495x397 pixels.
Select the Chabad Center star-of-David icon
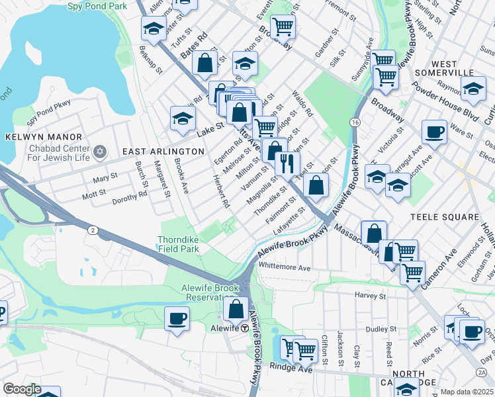pyautogui.click(x=100, y=152)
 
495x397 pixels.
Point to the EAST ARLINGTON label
pyautogui.click(x=163, y=152)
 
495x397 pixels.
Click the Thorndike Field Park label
pyautogui.click(x=178, y=244)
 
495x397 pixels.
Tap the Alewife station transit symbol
pyautogui.click(x=244, y=328)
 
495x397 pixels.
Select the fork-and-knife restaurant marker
pyautogui.click(x=287, y=163)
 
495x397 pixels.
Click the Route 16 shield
pyautogui.click(x=356, y=123)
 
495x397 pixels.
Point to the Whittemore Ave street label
pyautogui.click(x=285, y=268)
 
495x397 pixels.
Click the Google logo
pyautogui.click(x=22, y=389)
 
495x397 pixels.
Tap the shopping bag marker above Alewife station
pyautogui.click(x=236, y=308)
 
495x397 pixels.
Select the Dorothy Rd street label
pyautogui.click(x=129, y=200)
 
